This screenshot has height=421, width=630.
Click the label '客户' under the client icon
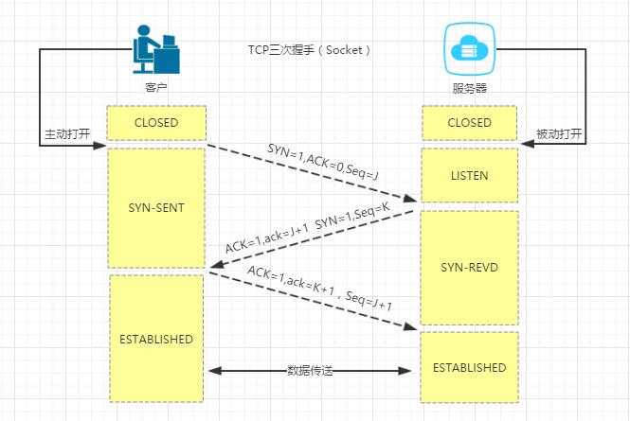tap(155, 89)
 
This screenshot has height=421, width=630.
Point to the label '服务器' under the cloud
tap(469, 90)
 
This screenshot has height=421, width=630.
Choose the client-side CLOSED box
tap(155, 123)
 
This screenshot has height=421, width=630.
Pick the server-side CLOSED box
tap(469, 123)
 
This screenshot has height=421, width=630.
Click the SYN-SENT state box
tap(155, 207)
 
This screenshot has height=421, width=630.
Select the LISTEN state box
tap(469, 176)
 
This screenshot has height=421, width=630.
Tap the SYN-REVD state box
tap(469, 267)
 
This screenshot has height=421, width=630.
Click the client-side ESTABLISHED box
tap(156, 338)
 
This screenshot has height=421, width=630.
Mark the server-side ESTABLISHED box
tap(469, 366)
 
